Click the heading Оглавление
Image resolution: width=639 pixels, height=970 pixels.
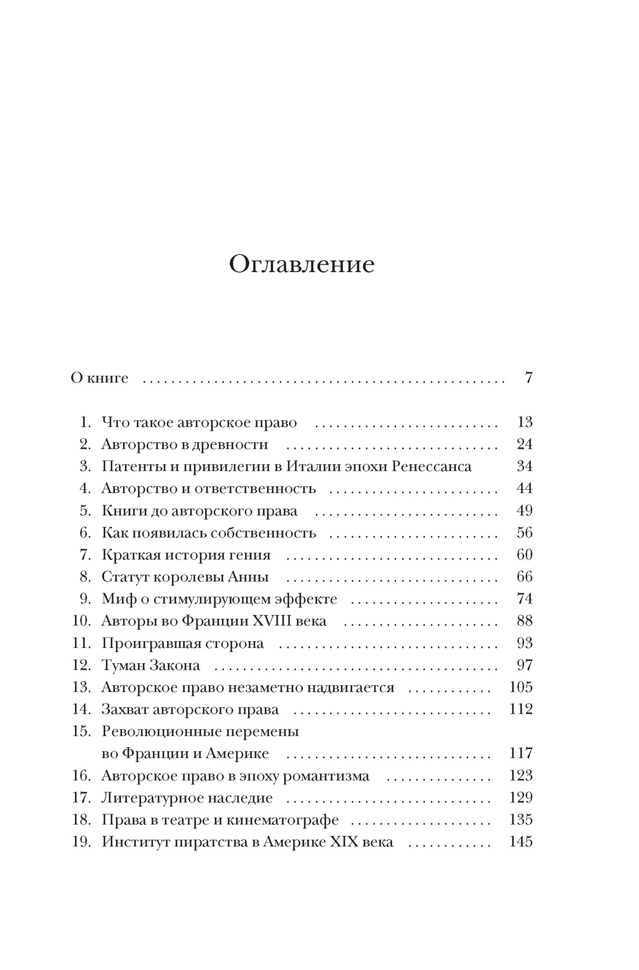(301, 264)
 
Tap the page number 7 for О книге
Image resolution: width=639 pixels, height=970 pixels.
(528, 378)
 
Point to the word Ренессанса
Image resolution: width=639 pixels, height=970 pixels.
(432, 467)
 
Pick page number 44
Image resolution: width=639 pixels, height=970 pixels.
(524, 489)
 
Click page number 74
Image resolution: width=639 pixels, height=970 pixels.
(524, 599)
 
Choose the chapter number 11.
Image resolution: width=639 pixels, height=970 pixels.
(82, 643)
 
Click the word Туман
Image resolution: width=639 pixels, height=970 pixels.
(124, 665)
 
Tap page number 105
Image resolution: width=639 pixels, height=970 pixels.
(520, 688)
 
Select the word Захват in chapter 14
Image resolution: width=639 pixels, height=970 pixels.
(125, 710)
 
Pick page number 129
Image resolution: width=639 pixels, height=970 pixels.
(520, 798)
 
